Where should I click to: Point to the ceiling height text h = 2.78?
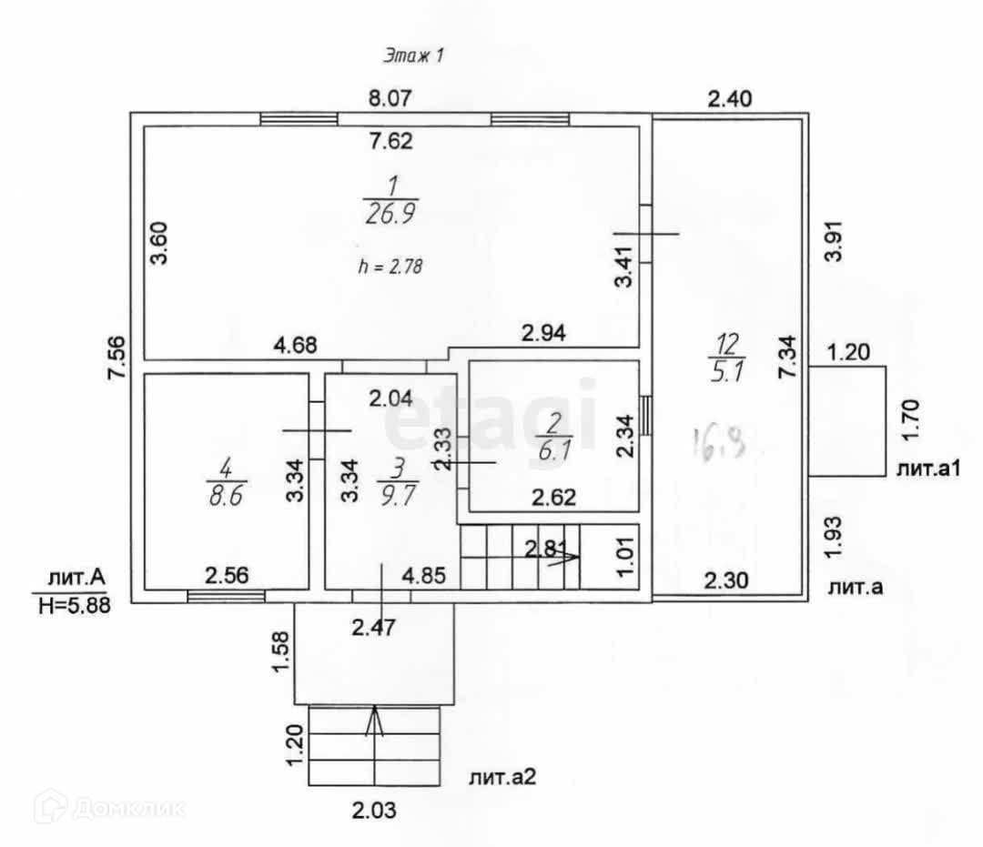pos(392,267)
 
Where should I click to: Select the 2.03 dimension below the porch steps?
pos(374,809)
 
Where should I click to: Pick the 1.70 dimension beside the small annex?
pos(915,420)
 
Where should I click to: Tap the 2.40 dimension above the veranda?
pos(730,98)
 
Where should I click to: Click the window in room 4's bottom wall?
pos(226,596)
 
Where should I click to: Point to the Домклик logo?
pos(109,806)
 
